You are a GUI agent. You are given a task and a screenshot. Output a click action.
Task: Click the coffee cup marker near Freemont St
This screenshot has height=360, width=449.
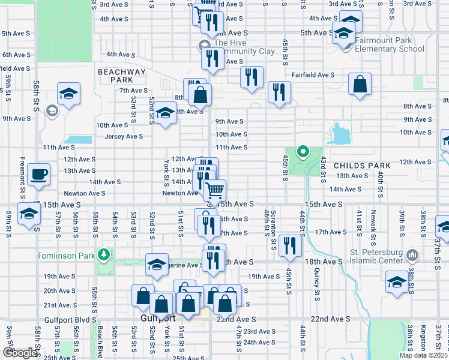point(39,175)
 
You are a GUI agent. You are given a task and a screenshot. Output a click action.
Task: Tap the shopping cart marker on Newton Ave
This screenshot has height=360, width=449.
point(214,191)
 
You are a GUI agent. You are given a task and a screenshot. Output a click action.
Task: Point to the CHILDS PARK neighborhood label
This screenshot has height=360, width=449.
point(362,165)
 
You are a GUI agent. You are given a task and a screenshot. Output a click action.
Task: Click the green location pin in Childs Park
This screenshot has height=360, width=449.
point(303,152)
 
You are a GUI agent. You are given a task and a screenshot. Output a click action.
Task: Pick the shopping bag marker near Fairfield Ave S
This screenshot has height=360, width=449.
point(360,85)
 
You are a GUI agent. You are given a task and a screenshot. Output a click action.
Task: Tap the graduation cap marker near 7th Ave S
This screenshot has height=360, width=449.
point(68,94)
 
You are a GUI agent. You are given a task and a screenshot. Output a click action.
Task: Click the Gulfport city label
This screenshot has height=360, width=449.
point(157,317)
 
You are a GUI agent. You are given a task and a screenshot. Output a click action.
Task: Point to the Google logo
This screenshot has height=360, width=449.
point(20,353)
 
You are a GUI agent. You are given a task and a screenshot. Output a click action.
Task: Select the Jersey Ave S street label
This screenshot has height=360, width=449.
point(124,136)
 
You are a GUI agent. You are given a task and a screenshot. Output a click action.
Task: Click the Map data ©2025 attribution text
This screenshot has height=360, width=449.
point(421,355)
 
